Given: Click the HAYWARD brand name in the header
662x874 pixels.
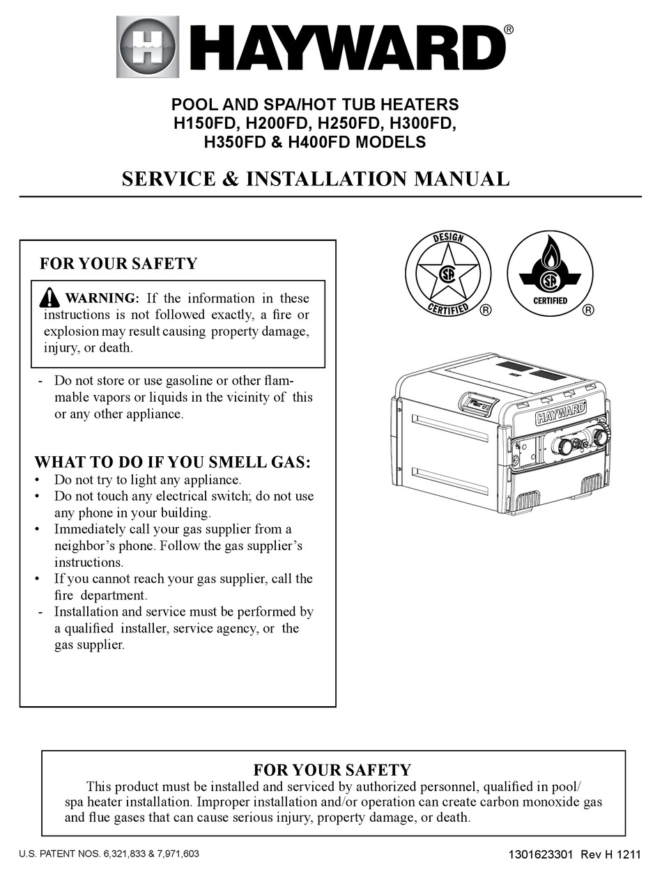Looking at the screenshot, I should click(338, 47).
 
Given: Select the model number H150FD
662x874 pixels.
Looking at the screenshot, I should click(205, 124).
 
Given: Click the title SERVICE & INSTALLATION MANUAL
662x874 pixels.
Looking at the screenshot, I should click(316, 179).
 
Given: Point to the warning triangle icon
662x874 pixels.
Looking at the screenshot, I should click(49, 299).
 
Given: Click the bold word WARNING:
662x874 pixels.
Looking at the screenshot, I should click(102, 299).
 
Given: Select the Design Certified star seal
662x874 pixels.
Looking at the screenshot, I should click(448, 273).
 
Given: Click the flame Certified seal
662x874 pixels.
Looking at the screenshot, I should click(550, 273).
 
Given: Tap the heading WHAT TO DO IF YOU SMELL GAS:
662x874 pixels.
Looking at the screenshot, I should click(173, 462).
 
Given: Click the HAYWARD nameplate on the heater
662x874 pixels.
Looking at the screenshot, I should click(560, 416).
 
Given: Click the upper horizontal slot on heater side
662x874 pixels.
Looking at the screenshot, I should click(449, 427).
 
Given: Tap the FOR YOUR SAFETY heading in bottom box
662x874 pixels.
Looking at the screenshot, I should click(332, 770).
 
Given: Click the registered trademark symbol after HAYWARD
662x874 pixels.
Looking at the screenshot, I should click(509, 29).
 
